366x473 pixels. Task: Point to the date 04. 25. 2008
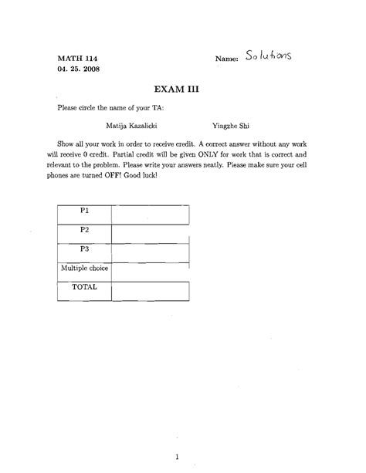tap(78, 69)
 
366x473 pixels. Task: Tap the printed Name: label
tap(228, 59)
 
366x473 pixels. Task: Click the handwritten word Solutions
tap(269, 56)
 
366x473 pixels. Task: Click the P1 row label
tap(85, 210)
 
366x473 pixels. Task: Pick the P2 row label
tap(85, 229)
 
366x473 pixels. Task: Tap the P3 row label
tap(85, 248)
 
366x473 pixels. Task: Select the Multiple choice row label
tap(85, 269)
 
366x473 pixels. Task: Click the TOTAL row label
tap(85, 287)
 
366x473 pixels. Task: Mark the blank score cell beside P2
tap(151, 231)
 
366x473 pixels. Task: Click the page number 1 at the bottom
tap(178, 434)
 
